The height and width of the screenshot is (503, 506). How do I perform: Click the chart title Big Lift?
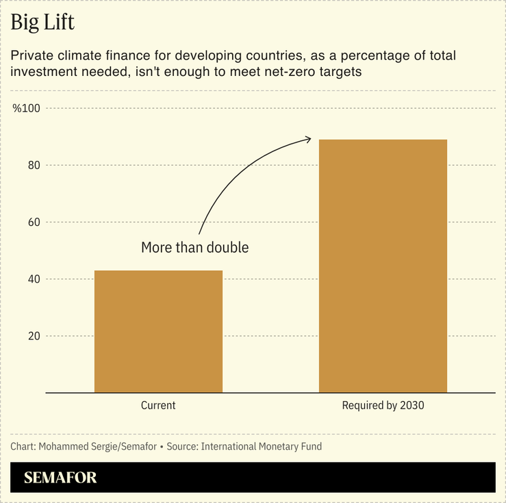tap(42, 23)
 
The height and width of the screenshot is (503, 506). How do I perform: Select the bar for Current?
tap(158, 331)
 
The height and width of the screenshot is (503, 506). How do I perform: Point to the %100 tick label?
tap(27, 109)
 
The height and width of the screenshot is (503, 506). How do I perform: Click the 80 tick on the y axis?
tap(32, 166)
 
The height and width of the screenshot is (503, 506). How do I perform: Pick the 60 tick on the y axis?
tap(32, 222)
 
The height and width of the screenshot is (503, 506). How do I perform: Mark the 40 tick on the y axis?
tap(32, 279)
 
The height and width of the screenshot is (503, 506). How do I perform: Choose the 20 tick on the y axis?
tap(32, 336)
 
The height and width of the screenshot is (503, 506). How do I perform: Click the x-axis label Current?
tap(158, 405)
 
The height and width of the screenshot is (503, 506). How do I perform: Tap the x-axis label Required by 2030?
tap(383, 405)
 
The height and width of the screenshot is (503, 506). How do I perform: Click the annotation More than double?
tap(194, 248)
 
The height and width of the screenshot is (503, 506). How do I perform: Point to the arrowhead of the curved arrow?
tap(309, 139)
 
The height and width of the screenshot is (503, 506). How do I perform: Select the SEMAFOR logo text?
tap(60, 478)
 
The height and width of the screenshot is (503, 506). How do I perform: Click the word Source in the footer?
tap(182, 447)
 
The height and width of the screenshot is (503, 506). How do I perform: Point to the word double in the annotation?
tap(226, 248)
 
